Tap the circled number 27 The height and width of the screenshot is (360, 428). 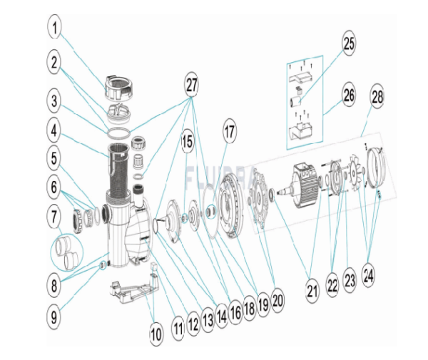click(x=190, y=85)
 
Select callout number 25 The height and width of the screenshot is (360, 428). click(x=348, y=44)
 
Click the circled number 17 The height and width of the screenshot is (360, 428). click(x=230, y=133)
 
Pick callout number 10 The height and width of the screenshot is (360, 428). click(x=156, y=332)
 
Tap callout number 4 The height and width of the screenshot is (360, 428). click(x=56, y=131)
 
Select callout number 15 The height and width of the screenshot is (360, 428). click(x=186, y=141)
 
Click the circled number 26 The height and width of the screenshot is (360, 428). click(x=348, y=94)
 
